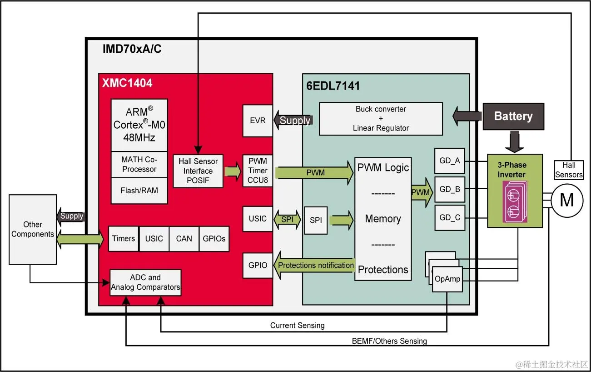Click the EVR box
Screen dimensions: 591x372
258,121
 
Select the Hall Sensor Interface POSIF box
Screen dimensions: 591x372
198,171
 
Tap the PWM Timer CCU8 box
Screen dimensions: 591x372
258,171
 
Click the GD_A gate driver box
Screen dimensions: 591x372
450,161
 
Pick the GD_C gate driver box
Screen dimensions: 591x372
450,218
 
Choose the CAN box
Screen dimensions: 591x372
184,239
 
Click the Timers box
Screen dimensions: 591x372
124,239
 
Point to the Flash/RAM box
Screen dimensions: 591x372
139,191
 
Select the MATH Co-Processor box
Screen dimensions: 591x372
139,164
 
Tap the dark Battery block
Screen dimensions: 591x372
513,116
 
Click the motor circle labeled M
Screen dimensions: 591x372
567,200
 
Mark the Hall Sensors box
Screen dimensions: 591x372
569,170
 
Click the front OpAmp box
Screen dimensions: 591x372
447,279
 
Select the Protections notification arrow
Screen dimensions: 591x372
314,265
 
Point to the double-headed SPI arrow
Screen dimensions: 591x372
287,219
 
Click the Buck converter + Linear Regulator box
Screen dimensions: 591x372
381,119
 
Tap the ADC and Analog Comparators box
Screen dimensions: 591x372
145,282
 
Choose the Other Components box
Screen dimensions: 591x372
33,229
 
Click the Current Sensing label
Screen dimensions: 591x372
298,325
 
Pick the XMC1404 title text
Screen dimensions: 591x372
127,83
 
